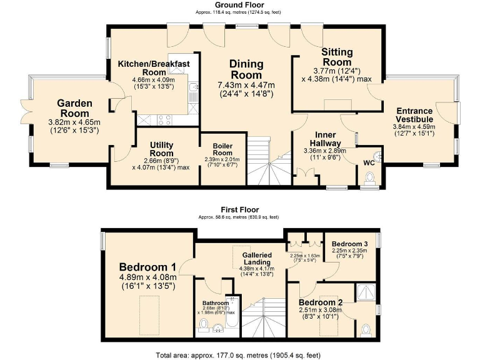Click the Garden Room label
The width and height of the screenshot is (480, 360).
click(x=75, y=103)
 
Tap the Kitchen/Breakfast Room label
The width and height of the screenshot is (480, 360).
click(x=153, y=67)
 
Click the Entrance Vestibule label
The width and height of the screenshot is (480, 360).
click(x=414, y=115)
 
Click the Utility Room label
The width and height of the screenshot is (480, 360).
click(x=161, y=149)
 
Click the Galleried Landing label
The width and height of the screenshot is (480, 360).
click(x=257, y=259)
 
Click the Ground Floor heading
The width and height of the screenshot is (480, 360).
click(x=239, y=5)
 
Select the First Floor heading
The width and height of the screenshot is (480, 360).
click(x=240, y=209)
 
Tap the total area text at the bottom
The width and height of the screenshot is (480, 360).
click(x=239, y=354)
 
